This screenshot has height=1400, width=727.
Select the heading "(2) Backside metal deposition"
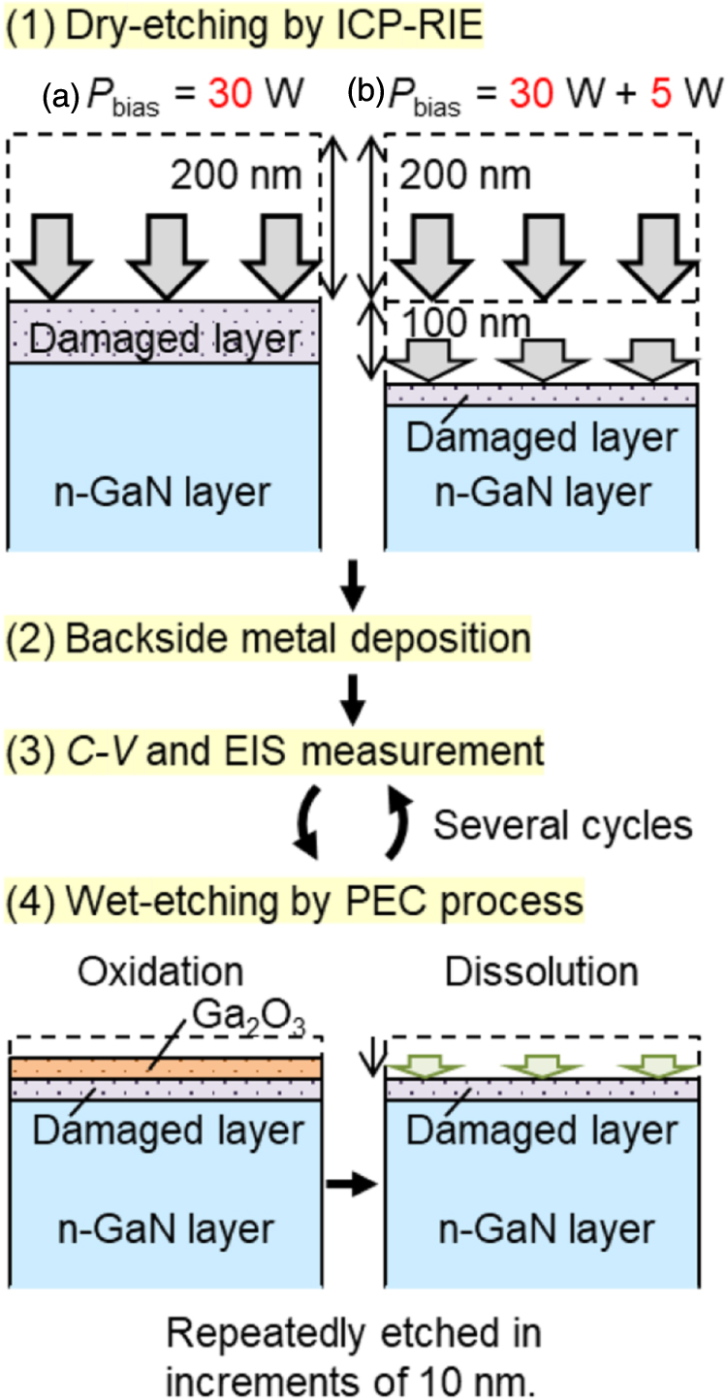[269, 640]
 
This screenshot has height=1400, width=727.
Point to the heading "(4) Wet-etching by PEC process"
[294, 902]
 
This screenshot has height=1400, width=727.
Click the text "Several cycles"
[562, 825]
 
